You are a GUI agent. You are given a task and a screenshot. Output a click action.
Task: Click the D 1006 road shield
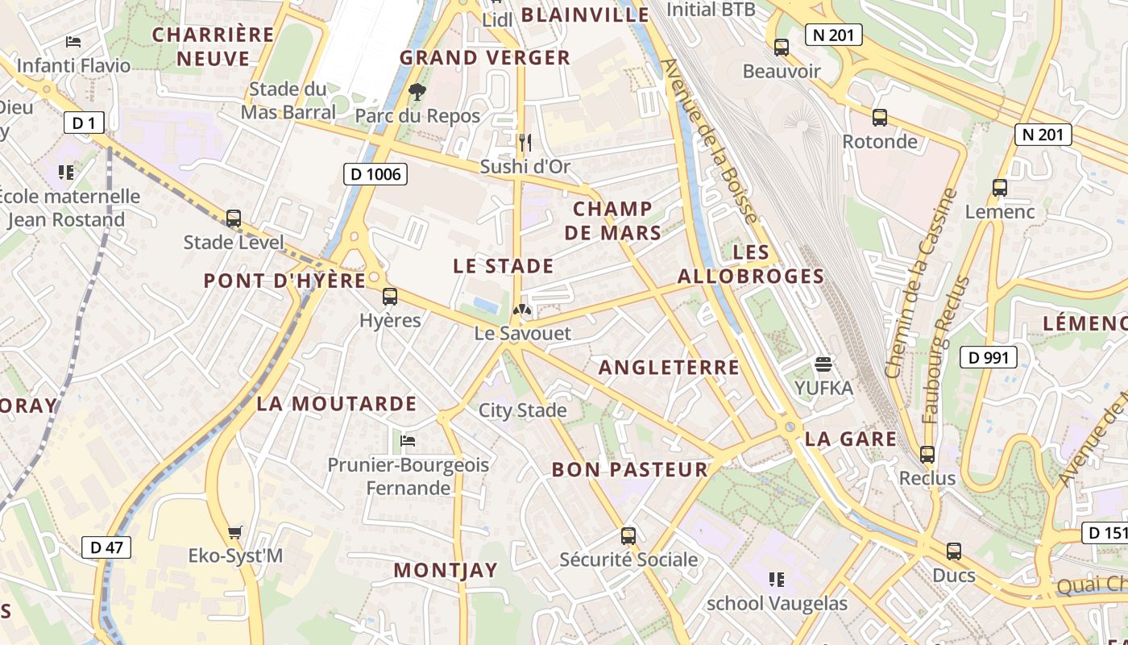tap(375, 173)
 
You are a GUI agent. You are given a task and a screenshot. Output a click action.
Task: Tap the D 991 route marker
tap(988, 357)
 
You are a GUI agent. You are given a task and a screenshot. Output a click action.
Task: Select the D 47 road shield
tap(106, 547)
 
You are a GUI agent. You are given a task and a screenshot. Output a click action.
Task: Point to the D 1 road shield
tap(84, 123)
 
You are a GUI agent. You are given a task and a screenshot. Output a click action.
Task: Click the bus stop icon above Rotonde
tap(880, 118)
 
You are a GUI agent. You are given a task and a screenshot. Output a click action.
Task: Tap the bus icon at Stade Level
tap(234, 218)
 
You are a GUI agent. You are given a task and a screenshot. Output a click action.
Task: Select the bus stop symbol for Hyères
tap(390, 297)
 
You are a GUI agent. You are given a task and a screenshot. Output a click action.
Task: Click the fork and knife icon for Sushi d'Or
tap(525, 143)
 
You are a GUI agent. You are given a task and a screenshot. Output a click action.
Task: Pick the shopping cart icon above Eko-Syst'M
tap(235, 532)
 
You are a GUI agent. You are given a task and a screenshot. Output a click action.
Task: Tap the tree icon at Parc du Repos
tap(417, 92)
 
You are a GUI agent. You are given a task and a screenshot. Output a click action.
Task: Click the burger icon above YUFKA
tap(823, 364)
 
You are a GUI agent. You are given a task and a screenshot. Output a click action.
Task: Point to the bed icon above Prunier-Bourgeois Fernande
tap(408, 441)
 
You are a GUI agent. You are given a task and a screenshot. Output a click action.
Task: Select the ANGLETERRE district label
tap(669, 368)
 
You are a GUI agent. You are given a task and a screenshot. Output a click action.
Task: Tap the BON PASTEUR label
tap(629, 469)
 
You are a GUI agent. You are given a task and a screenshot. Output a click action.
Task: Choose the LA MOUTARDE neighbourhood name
tap(337, 404)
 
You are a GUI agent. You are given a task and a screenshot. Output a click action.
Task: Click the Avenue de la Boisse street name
tap(709, 141)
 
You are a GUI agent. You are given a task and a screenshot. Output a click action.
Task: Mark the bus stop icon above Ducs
tap(954, 551)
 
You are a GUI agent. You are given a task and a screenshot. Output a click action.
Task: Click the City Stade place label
tap(523, 410)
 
